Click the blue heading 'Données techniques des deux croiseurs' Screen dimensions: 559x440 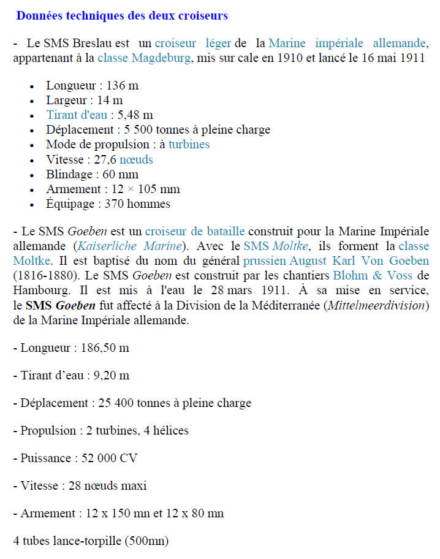(122, 15)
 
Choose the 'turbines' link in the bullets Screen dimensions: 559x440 (189, 145)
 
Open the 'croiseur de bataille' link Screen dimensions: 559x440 (195, 232)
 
